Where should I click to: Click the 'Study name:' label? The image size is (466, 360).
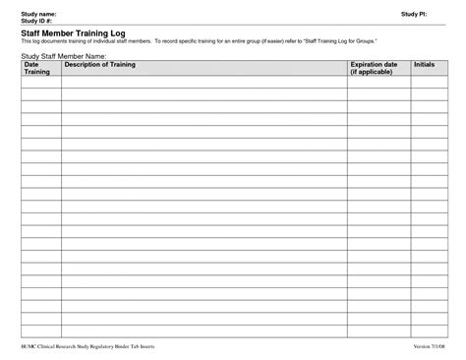(36, 13)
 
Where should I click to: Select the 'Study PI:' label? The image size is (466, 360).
(414, 14)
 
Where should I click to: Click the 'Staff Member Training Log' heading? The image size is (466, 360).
(74, 32)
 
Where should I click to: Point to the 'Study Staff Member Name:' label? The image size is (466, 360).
(63, 56)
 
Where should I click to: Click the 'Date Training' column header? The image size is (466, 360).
(37, 68)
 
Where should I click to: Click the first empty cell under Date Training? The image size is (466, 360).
(40, 82)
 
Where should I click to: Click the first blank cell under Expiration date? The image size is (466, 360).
(377, 82)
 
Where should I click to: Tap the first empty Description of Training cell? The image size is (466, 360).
(204, 82)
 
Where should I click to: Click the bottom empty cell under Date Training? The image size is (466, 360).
(40, 330)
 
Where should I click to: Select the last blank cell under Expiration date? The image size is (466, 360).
(377, 330)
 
